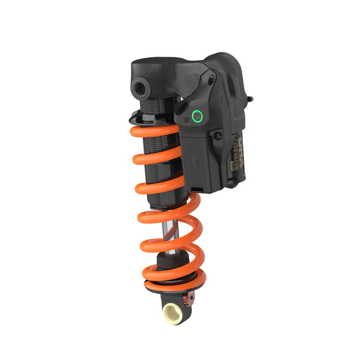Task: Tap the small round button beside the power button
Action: point(187,120)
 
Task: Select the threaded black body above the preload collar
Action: point(155,102)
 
